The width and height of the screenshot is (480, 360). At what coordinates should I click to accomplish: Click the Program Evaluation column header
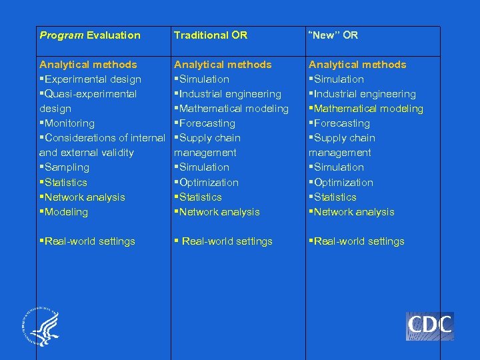click(90, 35)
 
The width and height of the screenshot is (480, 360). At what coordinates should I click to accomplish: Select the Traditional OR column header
click(210, 35)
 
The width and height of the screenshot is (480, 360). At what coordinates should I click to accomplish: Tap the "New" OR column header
click(333, 35)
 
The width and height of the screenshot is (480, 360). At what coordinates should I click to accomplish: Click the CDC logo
click(429, 326)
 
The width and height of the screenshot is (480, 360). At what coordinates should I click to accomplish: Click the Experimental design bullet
click(91, 79)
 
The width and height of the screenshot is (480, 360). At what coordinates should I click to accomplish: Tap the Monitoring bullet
click(67, 123)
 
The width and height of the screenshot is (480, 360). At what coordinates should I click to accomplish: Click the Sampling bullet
click(65, 167)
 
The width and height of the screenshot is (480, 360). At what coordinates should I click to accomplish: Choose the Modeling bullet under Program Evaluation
click(64, 212)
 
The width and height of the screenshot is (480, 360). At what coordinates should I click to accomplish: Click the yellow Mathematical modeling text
click(366, 109)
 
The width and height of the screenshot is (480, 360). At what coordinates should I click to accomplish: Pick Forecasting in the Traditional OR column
click(205, 123)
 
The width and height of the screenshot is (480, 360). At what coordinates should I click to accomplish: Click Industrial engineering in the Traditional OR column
click(228, 94)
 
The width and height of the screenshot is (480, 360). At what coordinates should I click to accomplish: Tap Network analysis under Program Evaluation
click(83, 197)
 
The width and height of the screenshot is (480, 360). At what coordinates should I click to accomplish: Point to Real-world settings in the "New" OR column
click(356, 241)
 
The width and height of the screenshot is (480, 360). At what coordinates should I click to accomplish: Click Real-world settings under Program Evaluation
click(87, 241)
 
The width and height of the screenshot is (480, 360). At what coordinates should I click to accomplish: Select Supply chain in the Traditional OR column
click(207, 138)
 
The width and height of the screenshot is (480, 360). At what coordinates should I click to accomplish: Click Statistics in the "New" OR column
click(333, 197)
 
